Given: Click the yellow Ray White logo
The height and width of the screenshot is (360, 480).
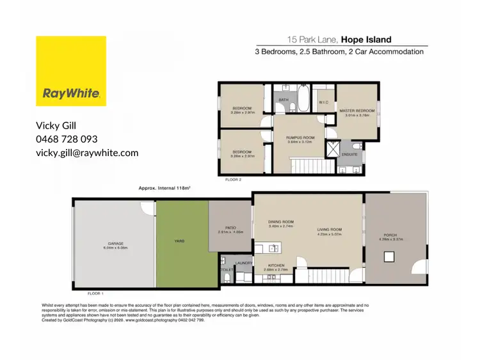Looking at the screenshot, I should (70, 70).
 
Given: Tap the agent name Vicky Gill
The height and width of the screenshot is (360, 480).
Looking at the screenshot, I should (61, 125).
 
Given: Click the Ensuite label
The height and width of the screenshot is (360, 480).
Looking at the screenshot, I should (349, 154).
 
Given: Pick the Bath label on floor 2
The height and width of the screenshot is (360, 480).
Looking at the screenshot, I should (283, 100).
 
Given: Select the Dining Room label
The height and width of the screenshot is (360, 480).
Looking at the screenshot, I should (280, 222).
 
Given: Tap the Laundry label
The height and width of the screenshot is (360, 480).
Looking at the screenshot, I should (243, 263).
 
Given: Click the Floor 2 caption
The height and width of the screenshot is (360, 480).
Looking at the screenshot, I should (234, 181).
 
